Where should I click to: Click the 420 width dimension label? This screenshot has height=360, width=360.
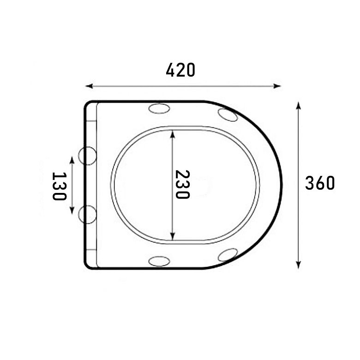pos(180,70)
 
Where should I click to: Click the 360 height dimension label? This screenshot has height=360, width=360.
pos(320,183)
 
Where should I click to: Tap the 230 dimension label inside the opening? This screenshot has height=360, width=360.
pos(182,184)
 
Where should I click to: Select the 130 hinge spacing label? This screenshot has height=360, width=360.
pos(60,186)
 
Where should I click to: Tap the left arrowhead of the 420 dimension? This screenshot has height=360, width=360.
pos(89,86)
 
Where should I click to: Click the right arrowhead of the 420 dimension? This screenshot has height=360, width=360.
pos(277,86)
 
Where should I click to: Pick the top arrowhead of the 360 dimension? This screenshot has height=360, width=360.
pos(298,106)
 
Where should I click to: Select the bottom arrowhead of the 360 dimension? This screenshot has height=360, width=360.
pos(298,265)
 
